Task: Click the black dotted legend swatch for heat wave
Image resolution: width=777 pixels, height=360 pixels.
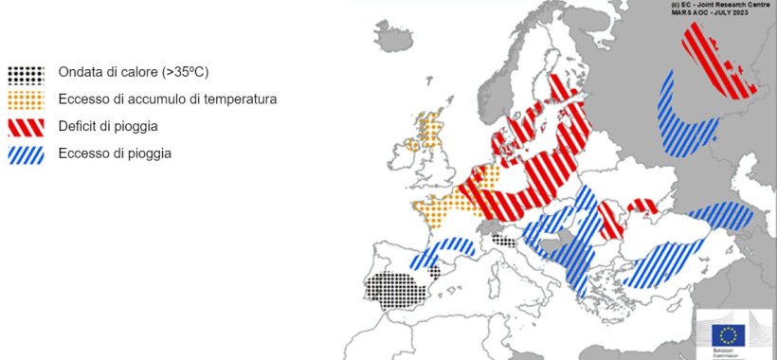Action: coord(27,73)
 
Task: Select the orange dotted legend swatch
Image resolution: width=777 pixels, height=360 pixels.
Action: coord(27,99)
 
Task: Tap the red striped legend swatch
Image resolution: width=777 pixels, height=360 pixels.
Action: coord(27,126)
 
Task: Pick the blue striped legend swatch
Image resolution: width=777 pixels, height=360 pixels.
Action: coord(27,153)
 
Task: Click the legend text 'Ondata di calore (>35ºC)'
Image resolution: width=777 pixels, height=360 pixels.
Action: coord(133,72)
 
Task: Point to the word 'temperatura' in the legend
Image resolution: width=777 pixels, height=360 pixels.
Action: coord(238,99)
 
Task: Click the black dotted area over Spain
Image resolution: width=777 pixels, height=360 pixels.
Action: coord(396,288)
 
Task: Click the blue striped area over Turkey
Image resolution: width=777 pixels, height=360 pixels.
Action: coord(663,261)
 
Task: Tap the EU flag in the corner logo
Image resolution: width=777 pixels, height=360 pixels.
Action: coord(729,334)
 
